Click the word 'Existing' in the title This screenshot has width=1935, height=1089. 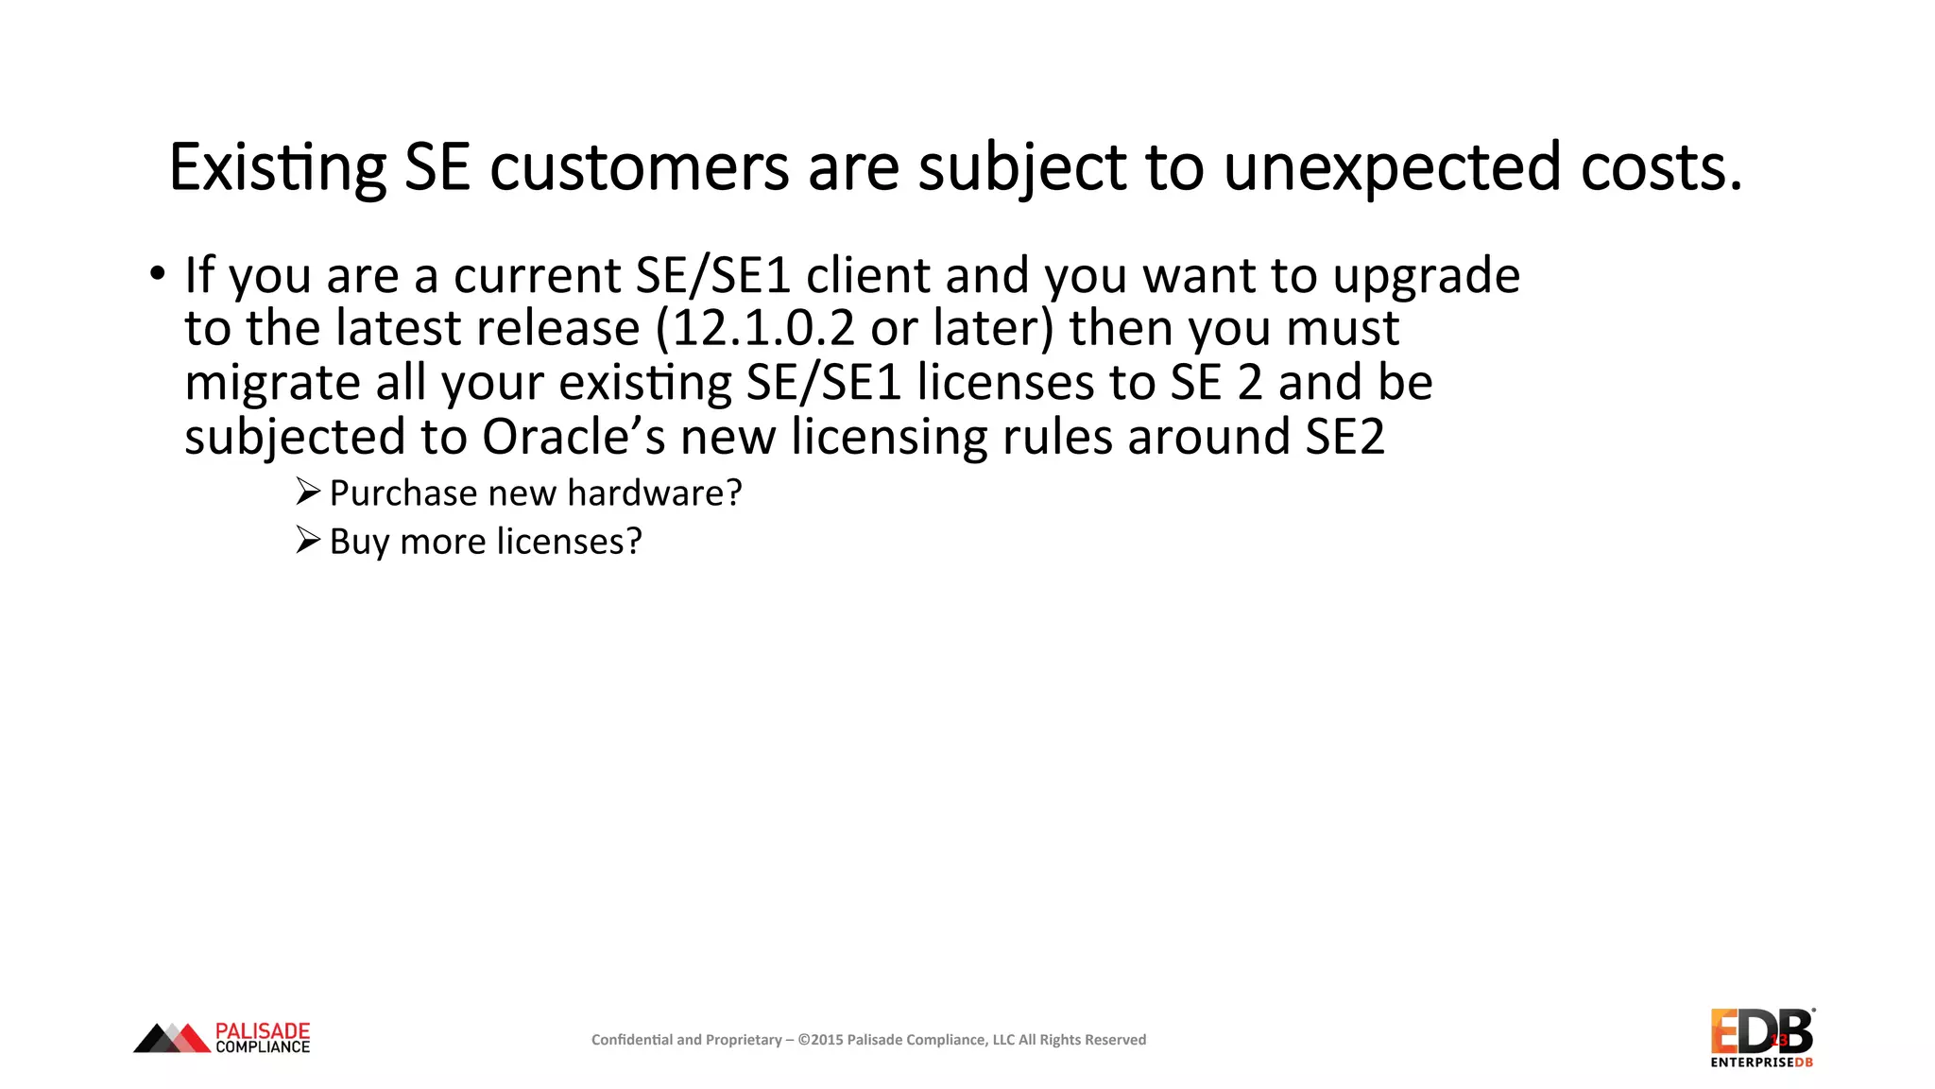[x=278, y=167]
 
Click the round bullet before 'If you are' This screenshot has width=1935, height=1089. [x=157, y=274]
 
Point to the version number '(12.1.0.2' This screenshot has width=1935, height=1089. [x=755, y=328]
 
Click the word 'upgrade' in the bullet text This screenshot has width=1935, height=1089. [x=1426, y=276]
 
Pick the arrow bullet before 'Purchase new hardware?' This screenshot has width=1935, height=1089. [x=308, y=492]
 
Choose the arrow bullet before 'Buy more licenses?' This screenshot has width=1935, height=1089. [x=308, y=540]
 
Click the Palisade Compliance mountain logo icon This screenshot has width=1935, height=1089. [x=172, y=1038]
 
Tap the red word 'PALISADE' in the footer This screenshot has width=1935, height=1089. [x=263, y=1030]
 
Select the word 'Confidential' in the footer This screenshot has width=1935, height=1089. [x=632, y=1040]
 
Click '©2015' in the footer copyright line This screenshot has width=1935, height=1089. [x=820, y=1040]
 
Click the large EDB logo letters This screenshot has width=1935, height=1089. [x=1761, y=1031]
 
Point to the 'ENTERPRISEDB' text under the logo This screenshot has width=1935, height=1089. [x=1761, y=1063]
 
